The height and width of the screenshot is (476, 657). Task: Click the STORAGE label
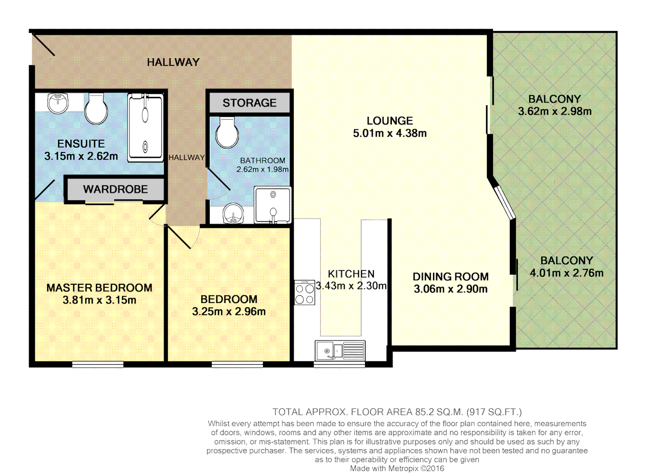click(x=249, y=103)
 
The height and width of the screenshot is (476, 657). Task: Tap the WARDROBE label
click(x=115, y=189)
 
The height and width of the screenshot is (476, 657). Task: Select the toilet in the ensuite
click(x=96, y=109)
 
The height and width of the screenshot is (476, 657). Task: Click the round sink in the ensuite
click(x=58, y=103)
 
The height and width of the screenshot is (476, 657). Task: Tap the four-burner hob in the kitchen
click(x=304, y=293)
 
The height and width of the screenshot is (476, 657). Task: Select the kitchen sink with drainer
click(x=340, y=351)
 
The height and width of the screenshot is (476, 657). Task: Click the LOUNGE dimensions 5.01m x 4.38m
click(x=390, y=133)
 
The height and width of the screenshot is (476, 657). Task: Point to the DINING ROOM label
click(x=450, y=277)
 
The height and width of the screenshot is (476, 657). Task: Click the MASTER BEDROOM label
click(x=100, y=288)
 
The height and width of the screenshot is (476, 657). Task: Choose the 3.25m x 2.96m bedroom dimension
click(x=229, y=312)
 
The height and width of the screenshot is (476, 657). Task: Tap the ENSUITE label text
click(x=81, y=144)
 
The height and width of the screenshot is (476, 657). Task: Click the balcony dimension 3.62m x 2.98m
click(x=554, y=111)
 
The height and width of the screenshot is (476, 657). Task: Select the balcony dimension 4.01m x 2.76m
click(x=566, y=273)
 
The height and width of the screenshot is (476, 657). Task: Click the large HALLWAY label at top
click(x=173, y=62)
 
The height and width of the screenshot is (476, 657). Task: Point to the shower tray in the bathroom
click(x=273, y=205)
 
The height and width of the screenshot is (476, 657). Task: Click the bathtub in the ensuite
click(x=145, y=128)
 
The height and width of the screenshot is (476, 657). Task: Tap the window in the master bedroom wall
click(x=98, y=364)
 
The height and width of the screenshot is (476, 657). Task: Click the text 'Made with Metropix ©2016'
click(x=397, y=469)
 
